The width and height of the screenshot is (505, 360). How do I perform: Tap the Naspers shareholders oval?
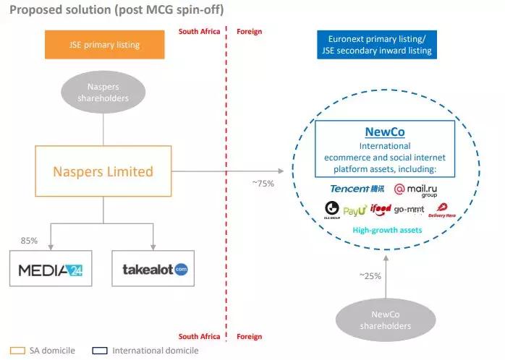coord(103,91)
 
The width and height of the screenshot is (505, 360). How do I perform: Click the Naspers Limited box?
coord(103,171)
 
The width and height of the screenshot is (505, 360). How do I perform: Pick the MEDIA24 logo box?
coord(51,270)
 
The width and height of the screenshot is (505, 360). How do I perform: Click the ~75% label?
coord(263,183)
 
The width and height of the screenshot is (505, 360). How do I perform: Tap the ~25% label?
coord(370,275)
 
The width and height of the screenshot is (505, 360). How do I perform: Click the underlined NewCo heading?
coord(385,133)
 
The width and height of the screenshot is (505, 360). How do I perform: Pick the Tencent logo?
coord(357,189)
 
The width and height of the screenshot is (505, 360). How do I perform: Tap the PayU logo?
coord(355,210)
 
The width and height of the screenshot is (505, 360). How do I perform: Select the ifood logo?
coord(381,210)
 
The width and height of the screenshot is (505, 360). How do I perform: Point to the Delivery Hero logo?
coord(441,210)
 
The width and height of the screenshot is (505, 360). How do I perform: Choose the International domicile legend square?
coord(99,351)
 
